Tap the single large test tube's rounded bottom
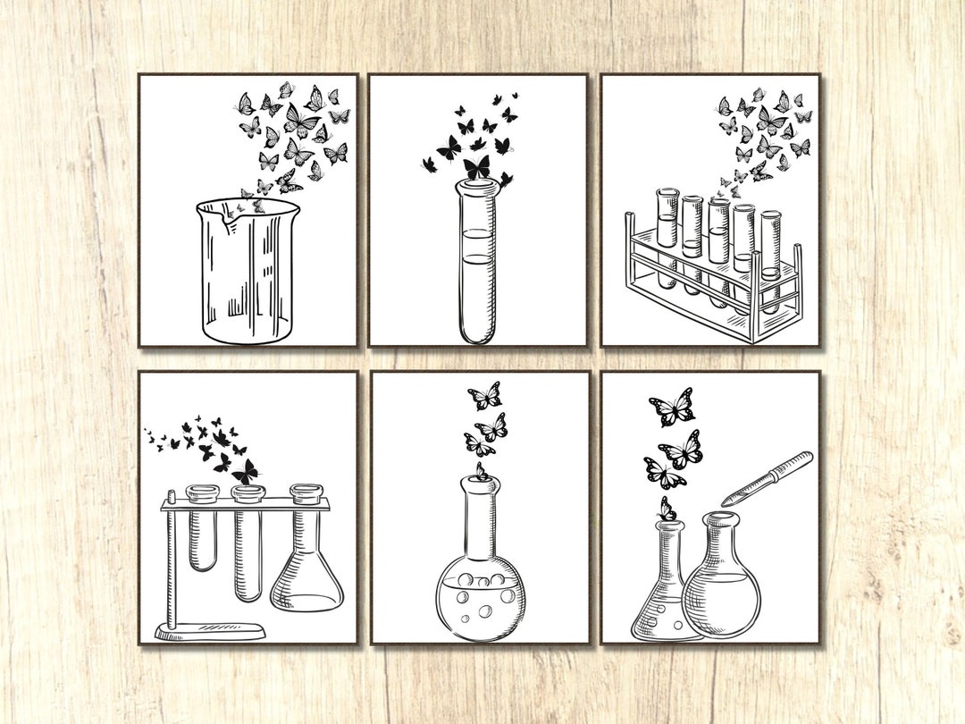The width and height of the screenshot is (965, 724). click(478, 334)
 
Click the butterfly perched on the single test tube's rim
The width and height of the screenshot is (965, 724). click(477, 167)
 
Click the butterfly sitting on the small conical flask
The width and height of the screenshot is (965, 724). click(666, 510)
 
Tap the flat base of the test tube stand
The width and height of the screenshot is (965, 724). click(211, 632)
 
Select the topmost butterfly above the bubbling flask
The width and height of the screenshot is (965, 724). click(484, 395)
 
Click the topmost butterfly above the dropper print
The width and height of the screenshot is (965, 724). click(673, 408)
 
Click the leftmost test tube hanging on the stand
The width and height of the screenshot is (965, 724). click(203, 532)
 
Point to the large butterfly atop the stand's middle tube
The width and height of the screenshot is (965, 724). click(244, 471)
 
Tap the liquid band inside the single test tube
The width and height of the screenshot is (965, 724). click(478, 246)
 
